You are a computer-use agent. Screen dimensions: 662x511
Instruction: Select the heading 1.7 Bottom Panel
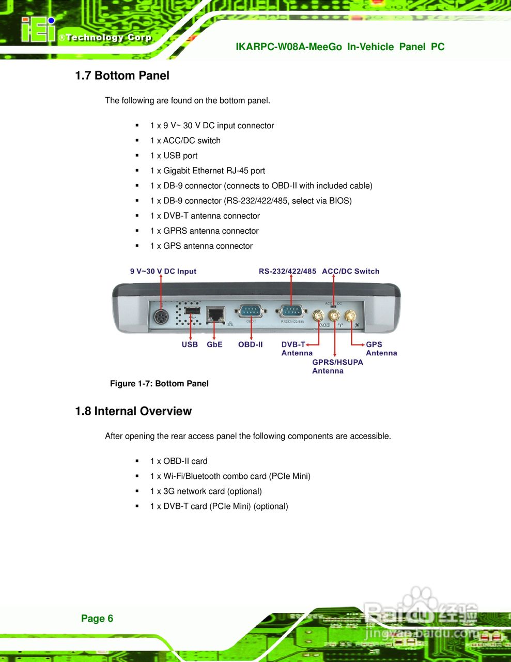pyautogui.click(x=122, y=76)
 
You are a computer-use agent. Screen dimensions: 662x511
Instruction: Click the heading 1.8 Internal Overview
pyautogui.click(x=133, y=411)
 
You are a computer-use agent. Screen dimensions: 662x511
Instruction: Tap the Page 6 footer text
pyautogui.click(x=97, y=619)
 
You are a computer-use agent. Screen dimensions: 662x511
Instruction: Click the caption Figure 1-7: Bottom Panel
pyautogui.click(x=159, y=384)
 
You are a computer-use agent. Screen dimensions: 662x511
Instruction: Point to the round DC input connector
pyautogui.click(x=161, y=316)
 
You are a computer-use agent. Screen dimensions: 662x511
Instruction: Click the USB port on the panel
pyautogui.click(x=192, y=311)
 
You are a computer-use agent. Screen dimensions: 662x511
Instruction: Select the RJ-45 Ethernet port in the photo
pyautogui.click(x=215, y=313)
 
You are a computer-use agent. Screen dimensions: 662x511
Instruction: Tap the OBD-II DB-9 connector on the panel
pyautogui.click(x=251, y=311)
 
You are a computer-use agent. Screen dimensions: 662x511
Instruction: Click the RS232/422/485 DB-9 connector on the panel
pyautogui.click(x=291, y=311)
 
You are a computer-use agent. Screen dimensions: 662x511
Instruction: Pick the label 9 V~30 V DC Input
pyautogui.click(x=163, y=271)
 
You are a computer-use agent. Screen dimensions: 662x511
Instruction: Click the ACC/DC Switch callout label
pyautogui.click(x=350, y=271)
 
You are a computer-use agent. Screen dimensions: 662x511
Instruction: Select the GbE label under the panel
pyautogui.click(x=214, y=344)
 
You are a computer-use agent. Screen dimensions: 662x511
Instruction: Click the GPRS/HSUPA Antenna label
pyautogui.click(x=337, y=366)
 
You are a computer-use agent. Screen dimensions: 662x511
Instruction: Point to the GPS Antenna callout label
pyautogui.click(x=381, y=349)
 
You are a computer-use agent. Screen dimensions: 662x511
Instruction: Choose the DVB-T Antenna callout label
pyautogui.click(x=297, y=349)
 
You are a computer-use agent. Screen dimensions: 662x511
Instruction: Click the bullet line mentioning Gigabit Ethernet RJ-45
pyautogui.click(x=207, y=171)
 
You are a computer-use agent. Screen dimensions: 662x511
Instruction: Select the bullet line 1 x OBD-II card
pyautogui.click(x=178, y=461)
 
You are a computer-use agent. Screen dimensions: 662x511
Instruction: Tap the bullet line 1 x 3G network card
pyautogui.click(x=206, y=491)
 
